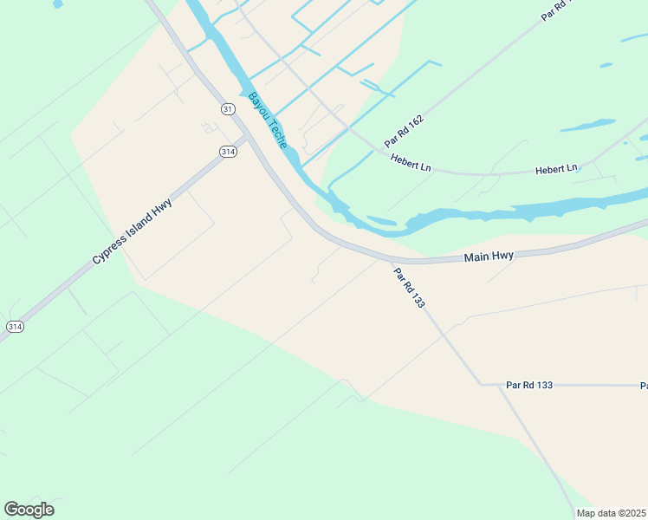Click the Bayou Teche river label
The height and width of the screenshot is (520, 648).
268,120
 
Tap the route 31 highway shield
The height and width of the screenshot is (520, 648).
227,108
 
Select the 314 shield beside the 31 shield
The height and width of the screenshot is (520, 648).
228,151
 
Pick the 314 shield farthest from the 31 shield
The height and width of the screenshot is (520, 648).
15,326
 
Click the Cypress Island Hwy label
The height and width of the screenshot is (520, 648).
133,231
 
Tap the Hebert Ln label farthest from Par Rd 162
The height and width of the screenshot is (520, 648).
555,169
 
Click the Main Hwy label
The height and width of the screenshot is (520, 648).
489,257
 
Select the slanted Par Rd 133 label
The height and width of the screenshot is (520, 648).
409,289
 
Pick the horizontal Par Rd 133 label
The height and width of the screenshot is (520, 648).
528,384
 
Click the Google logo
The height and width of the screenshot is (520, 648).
29,510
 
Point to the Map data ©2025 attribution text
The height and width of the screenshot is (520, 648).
611,513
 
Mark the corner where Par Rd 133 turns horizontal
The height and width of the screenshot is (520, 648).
483,384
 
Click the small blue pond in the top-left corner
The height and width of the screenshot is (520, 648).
58,3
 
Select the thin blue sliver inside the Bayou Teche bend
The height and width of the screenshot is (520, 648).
381,220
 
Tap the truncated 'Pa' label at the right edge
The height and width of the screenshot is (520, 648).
644,385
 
